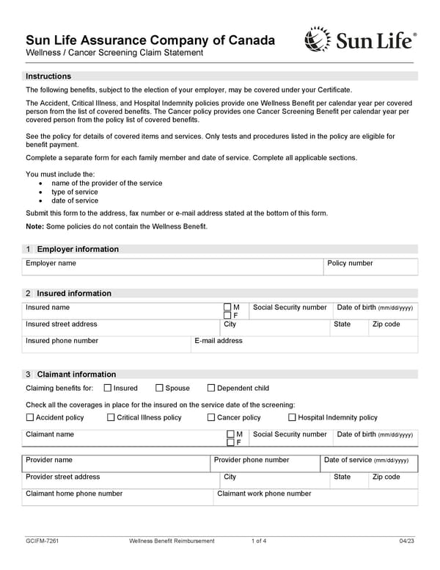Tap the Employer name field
[x=175, y=267]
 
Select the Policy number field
[x=371, y=267]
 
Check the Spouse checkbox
[x=159, y=388]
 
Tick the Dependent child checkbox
[x=211, y=388]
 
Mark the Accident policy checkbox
[x=30, y=417]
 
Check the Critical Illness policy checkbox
[x=111, y=417]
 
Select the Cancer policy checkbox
[x=211, y=417]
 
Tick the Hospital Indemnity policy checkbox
[x=292, y=417]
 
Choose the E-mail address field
[x=304, y=345]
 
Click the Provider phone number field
[x=265, y=465]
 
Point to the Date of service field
[x=369, y=465]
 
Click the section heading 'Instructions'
[x=48, y=76]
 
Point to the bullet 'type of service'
[x=74, y=192]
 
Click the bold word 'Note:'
[x=34, y=226]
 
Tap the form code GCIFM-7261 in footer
[x=42, y=541]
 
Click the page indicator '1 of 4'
[x=259, y=541]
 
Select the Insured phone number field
[x=106, y=345]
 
